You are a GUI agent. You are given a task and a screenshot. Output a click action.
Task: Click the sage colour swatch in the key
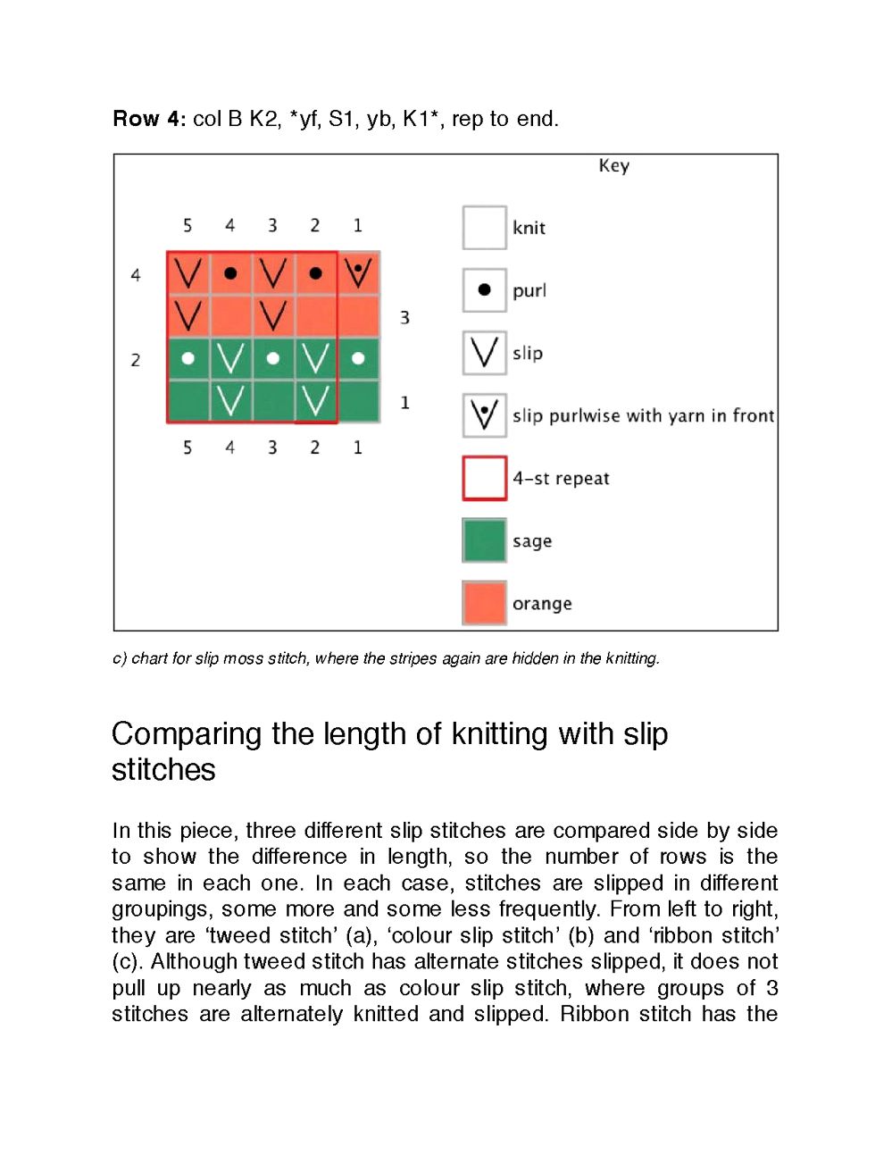[x=484, y=540]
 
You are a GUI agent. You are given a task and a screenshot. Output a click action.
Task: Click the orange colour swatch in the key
[x=484, y=603]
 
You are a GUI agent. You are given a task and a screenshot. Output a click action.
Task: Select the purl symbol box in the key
[x=484, y=290]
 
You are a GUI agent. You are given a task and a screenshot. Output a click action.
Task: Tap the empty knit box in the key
[x=484, y=228]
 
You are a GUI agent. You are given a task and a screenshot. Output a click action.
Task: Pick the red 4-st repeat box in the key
[x=484, y=478]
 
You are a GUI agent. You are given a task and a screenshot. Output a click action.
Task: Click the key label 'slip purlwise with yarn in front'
[x=643, y=415]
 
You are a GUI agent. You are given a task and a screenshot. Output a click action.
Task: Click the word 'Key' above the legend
[x=614, y=165]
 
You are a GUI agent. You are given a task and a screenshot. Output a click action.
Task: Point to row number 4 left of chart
[x=136, y=275]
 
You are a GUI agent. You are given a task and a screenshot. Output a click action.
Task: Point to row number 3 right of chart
[x=404, y=317]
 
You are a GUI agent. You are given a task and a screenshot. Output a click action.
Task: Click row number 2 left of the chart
[x=136, y=360]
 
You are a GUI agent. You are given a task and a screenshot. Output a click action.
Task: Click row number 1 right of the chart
[x=404, y=403]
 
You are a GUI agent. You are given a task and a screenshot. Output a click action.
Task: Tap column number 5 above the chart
[x=188, y=225]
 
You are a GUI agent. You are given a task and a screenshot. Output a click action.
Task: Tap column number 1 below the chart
[x=358, y=447]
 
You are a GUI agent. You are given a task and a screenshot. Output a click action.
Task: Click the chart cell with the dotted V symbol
[x=358, y=272]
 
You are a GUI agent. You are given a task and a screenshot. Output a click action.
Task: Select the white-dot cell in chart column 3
[x=273, y=358]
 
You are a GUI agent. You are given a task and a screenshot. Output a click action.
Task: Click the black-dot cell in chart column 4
[x=230, y=272]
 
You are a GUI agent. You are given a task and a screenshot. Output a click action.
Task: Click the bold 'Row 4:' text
[x=149, y=119]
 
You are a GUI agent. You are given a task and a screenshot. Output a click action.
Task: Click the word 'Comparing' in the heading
[x=187, y=733]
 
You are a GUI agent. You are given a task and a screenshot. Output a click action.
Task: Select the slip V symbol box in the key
[x=484, y=353]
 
